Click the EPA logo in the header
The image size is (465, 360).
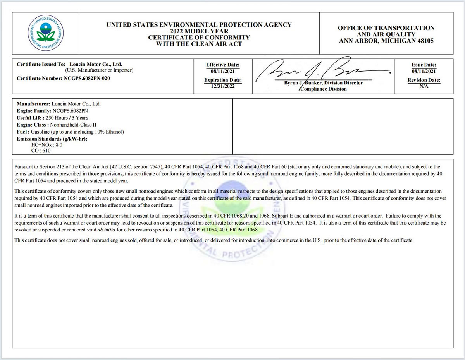point(46,33)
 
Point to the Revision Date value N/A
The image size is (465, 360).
point(424,86)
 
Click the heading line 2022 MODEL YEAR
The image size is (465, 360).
point(199,31)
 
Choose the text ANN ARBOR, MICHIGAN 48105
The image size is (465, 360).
point(386,41)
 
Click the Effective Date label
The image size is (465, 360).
point(223,65)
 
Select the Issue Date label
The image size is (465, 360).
point(424,65)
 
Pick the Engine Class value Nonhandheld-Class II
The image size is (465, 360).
point(73,125)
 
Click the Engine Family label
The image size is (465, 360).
point(34,111)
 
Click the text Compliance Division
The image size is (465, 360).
point(324,89)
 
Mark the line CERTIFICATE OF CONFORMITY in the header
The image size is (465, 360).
point(199,38)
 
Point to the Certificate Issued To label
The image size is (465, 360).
point(41,64)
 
